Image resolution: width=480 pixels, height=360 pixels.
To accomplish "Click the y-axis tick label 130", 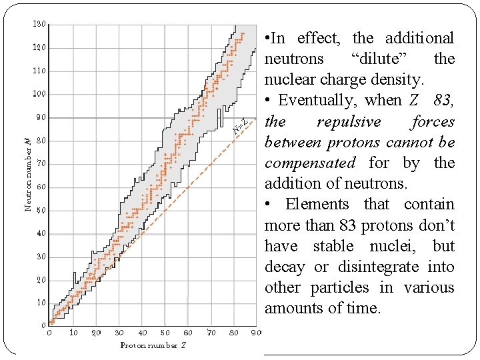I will click(x=39, y=25).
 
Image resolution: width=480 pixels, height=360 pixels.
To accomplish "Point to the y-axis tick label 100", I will click(x=39, y=94).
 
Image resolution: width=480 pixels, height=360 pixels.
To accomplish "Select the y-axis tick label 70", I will click(x=41, y=163).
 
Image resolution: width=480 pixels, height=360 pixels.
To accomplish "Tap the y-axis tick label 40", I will click(x=41, y=233).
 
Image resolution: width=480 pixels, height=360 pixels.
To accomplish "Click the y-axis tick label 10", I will click(x=41, y=303).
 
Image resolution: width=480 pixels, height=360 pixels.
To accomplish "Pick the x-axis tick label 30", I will click(x=119, y=333).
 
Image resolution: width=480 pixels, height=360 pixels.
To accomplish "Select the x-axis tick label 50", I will click(x=165, y=333).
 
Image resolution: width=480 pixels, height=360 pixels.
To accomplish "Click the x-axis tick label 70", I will click(x=211, y=333).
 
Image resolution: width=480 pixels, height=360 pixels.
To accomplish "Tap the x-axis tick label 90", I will click(x=256, y=333).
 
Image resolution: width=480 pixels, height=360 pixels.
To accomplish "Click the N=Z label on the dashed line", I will click(x=241, y=125).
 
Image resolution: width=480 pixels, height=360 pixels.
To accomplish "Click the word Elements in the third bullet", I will click(x=317, y=205).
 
